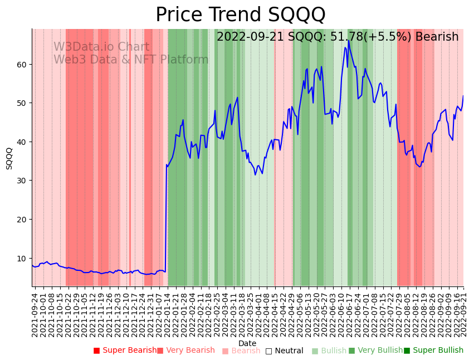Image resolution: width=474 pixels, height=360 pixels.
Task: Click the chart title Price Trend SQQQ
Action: click(x=240, y=15)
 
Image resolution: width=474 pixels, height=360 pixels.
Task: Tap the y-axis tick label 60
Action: click(x=22, y=65)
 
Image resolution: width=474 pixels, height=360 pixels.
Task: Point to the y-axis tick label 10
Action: click(x=22, y=259)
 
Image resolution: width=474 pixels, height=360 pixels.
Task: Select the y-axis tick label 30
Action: click(x=22, y=181)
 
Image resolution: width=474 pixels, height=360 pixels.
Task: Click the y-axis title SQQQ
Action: click(x=9, y=158)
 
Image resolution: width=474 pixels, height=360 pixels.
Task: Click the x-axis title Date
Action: click(x=247, y=344)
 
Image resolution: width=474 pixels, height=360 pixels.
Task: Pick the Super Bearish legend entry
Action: click(x=125, y=351)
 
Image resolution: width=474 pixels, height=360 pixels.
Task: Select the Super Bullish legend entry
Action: click(x=433, y=351)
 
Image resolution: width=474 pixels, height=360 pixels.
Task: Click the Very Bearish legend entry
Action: click(x=185, y=351)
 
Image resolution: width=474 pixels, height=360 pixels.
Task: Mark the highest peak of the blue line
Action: click(x=348, y=40)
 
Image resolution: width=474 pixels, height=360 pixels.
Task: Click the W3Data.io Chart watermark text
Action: click(x=101, y=47)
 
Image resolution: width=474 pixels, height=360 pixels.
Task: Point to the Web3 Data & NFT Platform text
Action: click(x=130, y=60)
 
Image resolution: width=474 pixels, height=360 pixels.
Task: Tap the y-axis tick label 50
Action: click(x=22, y=103)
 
